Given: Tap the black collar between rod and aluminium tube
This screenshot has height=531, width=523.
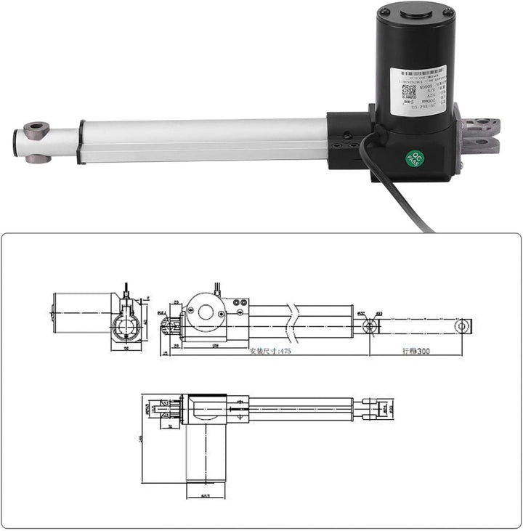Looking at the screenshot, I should point(81,142).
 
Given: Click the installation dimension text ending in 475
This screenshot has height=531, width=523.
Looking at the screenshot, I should point(270,350).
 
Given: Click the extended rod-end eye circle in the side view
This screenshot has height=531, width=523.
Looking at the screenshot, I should point(461,326).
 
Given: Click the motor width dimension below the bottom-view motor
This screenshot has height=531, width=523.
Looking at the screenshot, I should point(206,495).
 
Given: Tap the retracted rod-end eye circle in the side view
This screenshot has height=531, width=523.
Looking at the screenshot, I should point(370,326).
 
